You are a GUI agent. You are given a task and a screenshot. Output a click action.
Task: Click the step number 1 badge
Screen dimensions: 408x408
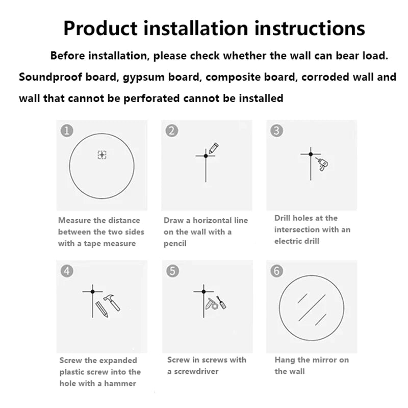coord(67,131)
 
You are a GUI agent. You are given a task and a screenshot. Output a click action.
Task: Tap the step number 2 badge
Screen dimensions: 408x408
coord(172,131)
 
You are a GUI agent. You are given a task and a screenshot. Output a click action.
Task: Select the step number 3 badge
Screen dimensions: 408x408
coord(276,131)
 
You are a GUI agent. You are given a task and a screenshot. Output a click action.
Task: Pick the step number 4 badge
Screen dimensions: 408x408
coord(67,271)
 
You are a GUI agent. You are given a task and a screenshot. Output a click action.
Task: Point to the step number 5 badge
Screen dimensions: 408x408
coord(172,271)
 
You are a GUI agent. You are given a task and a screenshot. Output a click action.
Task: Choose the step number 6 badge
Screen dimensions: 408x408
coord(276,271)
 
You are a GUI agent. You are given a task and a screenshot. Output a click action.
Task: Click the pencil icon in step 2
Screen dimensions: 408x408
coord(214,148)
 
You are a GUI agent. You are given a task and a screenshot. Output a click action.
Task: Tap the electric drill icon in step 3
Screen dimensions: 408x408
coord(322,164)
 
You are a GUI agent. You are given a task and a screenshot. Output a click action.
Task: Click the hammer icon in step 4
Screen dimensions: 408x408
coord(112,302)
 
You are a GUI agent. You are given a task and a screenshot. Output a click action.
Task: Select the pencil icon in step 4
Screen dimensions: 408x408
coord(101,310)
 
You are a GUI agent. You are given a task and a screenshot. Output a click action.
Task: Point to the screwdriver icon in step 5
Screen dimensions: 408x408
coord(221,302)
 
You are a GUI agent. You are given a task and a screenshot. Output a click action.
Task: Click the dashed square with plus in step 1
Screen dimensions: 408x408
coord(102,155)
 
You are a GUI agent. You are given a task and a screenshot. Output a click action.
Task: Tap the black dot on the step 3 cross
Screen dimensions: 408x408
coord(311,155)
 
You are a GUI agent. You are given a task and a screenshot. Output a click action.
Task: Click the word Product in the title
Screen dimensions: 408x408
coord(100,28)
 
